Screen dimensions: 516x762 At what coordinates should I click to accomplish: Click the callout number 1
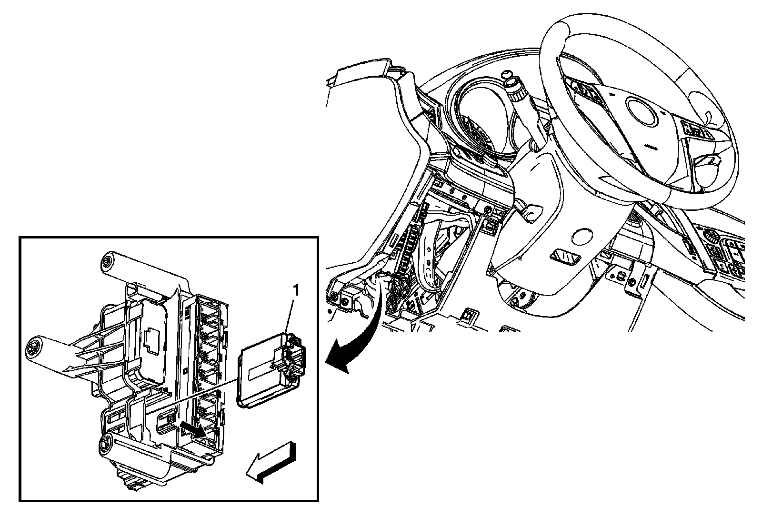click(x=296, y=290)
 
